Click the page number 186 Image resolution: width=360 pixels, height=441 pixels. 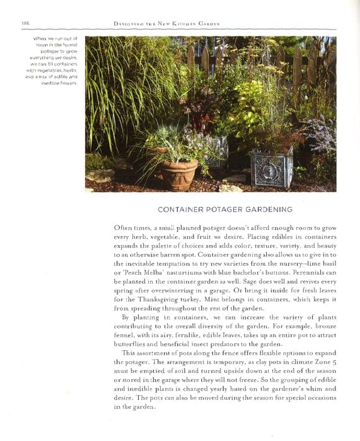click(x=25, y=23)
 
